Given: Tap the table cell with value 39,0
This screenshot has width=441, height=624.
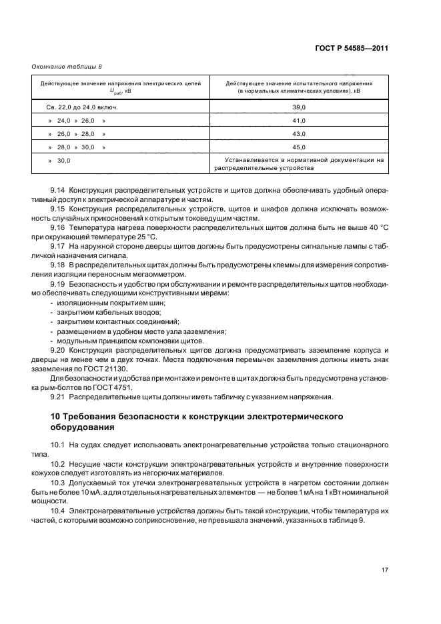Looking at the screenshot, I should click(298, 107).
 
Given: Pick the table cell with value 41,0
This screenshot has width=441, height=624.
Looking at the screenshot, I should click(298, 121).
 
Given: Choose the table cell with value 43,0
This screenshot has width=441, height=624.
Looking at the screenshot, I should click(298, 134).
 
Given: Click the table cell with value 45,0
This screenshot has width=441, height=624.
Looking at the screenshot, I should click(298, 147).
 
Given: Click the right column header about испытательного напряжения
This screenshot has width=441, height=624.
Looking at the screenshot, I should click(298, 87).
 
